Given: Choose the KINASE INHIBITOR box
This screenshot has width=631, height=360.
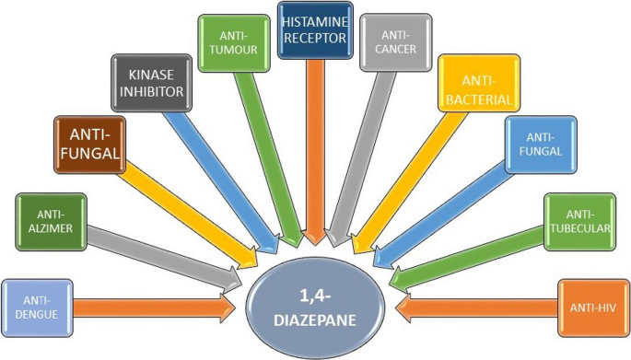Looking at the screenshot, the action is pyautogui.click(x=149, y=84).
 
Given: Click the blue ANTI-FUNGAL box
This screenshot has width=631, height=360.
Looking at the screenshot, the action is pyautogui.click(x=540, y=145).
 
